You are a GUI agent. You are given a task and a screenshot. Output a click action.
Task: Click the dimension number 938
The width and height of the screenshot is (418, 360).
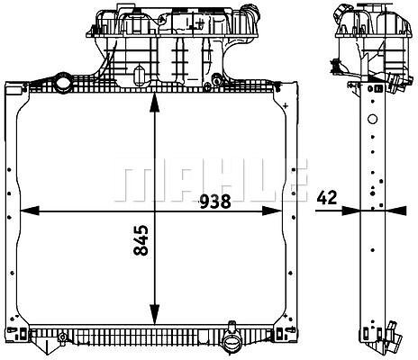coord(215,202)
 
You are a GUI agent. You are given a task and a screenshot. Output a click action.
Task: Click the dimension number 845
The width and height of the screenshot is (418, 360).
coord(141,240)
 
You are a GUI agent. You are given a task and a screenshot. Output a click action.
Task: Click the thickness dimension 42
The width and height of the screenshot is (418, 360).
coord(327,198)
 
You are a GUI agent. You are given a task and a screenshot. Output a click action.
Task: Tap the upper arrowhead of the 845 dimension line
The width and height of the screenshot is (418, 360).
coord(154,103)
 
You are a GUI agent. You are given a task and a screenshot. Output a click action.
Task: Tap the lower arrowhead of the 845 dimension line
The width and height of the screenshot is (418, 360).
coord(154,314)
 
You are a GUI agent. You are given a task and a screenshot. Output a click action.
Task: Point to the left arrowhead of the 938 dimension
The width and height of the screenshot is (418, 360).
coord(30,211)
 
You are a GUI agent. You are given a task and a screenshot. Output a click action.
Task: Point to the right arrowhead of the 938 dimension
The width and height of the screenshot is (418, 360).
coord(272,211)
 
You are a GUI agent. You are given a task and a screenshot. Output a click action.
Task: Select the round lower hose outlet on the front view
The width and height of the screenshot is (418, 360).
coord(231,341)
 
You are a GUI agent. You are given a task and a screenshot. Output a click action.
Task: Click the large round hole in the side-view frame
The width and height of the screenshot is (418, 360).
coord(372,119)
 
